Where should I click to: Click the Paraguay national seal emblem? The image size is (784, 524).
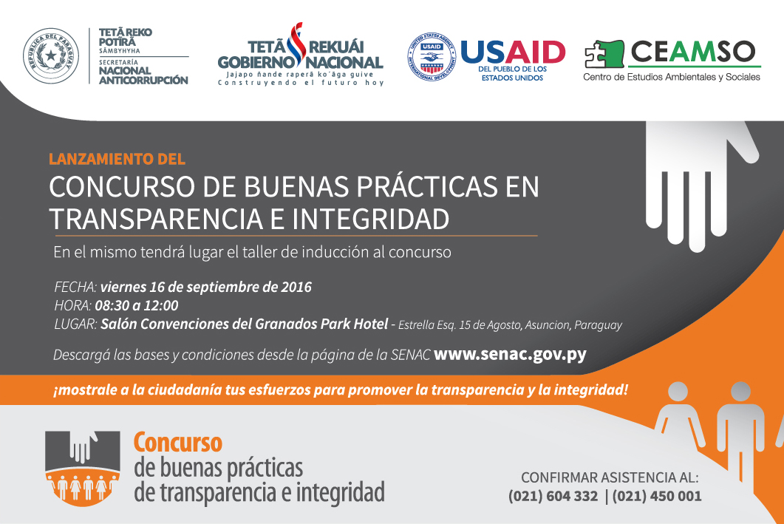(51, 55)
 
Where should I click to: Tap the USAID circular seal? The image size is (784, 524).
(432, 57)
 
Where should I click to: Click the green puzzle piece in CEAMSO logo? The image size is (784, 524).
(604, 54)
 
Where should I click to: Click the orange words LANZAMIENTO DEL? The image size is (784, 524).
(117, 159)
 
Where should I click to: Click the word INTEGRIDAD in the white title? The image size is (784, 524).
(370, 219)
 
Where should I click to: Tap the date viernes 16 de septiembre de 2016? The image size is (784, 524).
(206, 287)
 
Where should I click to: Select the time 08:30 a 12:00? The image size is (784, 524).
(137, 305)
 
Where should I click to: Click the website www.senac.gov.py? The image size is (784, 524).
(510, 355)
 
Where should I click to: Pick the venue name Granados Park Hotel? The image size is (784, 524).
(321, 324)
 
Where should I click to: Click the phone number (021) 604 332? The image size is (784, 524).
(553, 496)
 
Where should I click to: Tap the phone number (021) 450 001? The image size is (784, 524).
(656, 496)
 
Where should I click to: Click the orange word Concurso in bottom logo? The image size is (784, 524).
(177, 443)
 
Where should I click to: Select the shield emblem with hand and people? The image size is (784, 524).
(83, 468)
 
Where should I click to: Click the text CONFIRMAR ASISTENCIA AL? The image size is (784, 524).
(610, 477)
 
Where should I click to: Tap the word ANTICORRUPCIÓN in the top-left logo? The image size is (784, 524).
(143, 80)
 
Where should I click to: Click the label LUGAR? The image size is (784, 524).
(75, 324)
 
